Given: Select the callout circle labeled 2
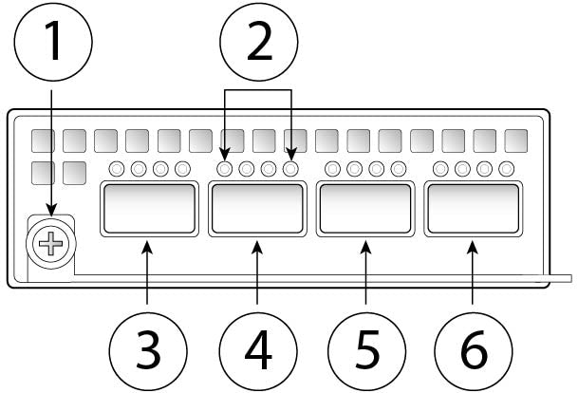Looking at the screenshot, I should click(x=258, y=43).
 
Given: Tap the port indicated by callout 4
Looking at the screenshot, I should click(x=257, y=210).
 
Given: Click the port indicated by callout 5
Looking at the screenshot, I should click(x=365, y=210).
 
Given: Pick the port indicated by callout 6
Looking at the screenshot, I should click(x=473, y=210).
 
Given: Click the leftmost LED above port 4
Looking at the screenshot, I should click(x=226, y=170).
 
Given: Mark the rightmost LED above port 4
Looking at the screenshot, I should click(x=290, y=170).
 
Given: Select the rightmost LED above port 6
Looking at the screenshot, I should click(x=506, y=170).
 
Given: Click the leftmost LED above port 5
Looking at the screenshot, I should click(x=333, y=170).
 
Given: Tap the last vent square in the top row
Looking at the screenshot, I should click(x=515, y=141).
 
